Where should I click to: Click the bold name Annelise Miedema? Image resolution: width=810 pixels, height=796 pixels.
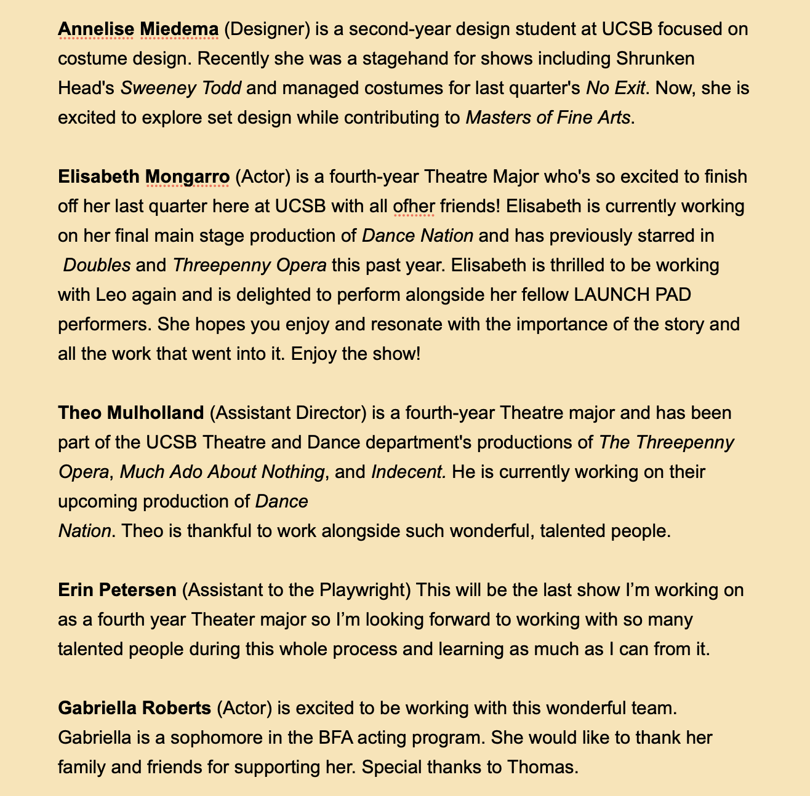click(138, 29)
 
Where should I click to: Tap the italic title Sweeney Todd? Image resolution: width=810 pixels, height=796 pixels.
click(180, 88)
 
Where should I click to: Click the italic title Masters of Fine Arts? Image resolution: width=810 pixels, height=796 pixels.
click(548, 117)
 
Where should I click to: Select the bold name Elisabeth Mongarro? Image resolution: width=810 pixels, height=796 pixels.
click(143, 177)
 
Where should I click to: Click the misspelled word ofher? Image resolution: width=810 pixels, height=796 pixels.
click(414, 207)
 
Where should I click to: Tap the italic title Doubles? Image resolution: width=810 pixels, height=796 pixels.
click(97, 266)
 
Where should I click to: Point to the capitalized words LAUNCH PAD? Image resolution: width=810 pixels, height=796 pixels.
click(632, 295)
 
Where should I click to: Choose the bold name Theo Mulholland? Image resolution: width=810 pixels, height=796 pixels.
click(130, 413)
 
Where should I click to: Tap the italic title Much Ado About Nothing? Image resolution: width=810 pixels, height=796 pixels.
click(222, 472)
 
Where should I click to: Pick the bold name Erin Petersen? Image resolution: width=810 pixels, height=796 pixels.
click(117, 590)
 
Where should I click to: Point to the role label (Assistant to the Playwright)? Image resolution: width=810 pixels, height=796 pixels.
click(297, 590)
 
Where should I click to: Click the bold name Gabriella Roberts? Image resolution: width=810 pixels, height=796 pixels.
click(134, 708)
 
